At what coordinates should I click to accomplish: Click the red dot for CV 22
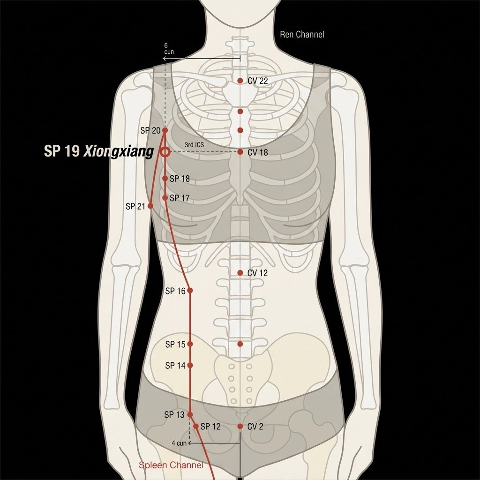(x=240, y=81)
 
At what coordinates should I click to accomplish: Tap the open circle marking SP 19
(x=165, y=152)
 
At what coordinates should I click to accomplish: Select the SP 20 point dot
(x=165, y=130)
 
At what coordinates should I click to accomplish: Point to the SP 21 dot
(x=150, y=206)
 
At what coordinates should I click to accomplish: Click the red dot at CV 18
(x=240, y=152)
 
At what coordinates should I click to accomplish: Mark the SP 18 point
(x=165, y=178)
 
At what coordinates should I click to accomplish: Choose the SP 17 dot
(x=165, y=198)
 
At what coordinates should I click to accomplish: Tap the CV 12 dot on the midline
(x=240, y=272)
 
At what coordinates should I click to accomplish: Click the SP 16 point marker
(x=190, y=290)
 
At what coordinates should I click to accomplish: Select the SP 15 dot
(x=190, y=344)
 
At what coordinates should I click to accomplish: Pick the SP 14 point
(x=190, y=365)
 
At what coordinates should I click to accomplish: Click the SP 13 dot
(x=190, y=414)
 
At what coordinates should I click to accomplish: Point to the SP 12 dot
(x=196, y=426)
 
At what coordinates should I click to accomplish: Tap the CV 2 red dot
(x=240, y=426)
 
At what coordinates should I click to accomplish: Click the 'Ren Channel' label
(x=302, y=34)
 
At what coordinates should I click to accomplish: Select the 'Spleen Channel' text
(x=171, y=465)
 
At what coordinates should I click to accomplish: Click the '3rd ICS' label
(x=194, y=144)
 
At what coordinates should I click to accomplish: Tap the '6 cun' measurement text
(x=169, y=49)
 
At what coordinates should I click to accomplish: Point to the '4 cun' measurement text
(x=179, y=443)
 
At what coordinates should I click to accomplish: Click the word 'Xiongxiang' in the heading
(x=119, y=152)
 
